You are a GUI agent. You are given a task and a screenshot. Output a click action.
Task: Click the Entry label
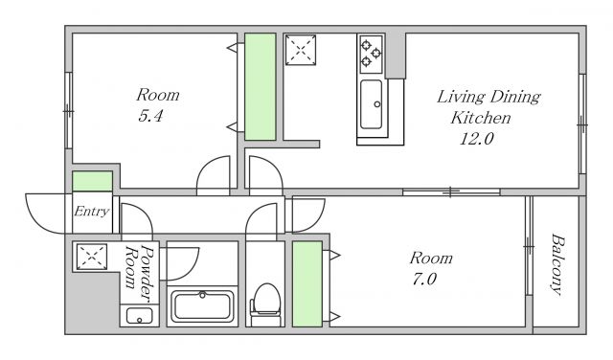click(x=92, y=212)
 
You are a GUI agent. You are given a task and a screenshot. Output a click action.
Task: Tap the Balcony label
click(x=558, y=264)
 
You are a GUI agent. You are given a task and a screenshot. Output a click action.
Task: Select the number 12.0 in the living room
click(x=476, y=139)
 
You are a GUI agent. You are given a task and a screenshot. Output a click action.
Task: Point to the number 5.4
click(x=150, y=116)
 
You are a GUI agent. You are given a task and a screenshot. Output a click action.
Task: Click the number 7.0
click(x=424, y=279)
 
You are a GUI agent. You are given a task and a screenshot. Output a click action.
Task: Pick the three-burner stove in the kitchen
click(x=371, y=54)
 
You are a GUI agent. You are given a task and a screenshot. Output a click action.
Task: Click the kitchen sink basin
click(x=371, y=104)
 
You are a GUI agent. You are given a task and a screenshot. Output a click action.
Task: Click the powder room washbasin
click(x=139, y=316)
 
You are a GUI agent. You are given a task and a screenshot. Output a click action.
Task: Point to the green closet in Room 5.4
click(x=260, y=87)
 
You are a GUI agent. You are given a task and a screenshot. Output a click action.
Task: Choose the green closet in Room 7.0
click(x=307, y=283)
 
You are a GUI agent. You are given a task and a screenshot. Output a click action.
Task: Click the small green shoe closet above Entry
click(x=92, y=181)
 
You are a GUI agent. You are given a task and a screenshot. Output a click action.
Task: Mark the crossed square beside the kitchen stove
click(x=300, y=50)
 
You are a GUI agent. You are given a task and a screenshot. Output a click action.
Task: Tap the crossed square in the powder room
click(x=92, y=257)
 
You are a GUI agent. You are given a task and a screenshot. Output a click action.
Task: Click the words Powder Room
click(x=139, y=273)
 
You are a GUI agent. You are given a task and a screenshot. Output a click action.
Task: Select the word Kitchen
click(x=481, y=118)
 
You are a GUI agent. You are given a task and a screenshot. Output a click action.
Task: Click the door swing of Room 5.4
click(x=213, y=175)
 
